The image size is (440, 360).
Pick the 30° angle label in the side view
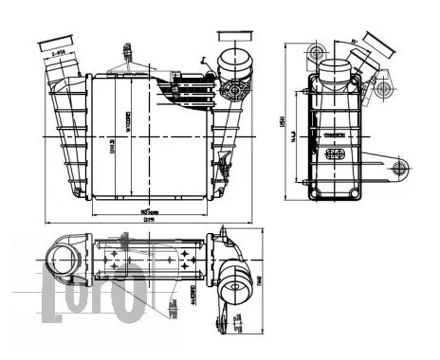353,42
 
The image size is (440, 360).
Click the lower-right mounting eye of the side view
398,171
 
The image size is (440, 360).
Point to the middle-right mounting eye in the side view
386,88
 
